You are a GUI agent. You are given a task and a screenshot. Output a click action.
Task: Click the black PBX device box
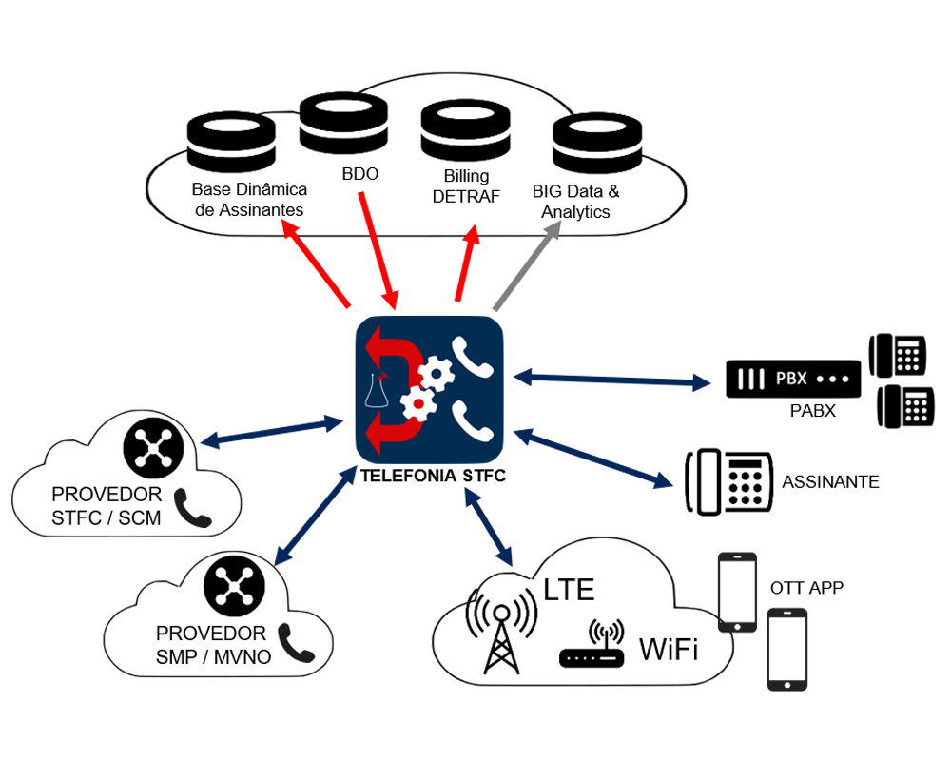793,379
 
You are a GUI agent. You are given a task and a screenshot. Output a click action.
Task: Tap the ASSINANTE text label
830,482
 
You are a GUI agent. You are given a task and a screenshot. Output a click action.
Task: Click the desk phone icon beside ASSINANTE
730,481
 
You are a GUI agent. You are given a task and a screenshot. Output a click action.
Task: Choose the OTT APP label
806,588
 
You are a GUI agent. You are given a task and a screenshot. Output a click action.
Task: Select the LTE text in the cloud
569,590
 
